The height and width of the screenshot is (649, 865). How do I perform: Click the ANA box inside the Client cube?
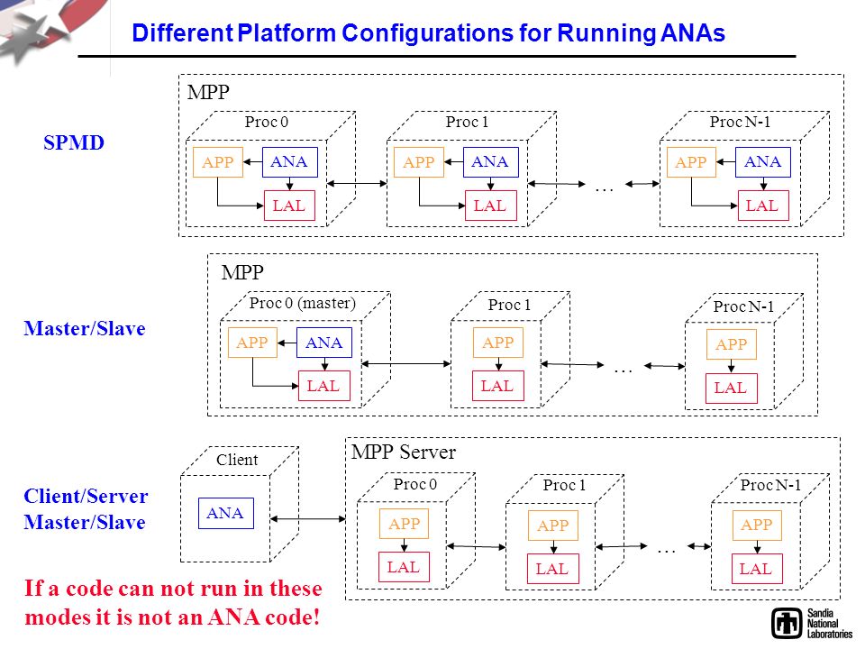(226, 513)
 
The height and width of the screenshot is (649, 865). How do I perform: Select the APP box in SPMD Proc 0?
(218, 161)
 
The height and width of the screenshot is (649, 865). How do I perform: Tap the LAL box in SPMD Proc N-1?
(763, 206)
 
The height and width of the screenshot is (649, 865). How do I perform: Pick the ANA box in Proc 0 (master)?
(324, 343)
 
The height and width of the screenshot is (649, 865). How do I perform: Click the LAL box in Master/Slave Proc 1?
(497, 386)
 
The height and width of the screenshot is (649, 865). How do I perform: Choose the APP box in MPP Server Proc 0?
(404, 524)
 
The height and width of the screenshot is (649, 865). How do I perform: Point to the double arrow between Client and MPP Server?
(308, 519)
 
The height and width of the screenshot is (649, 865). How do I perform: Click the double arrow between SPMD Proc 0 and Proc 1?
(357, 183)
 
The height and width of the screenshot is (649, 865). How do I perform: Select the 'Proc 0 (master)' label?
(303, 303)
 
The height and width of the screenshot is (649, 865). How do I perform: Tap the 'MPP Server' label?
(404, 452)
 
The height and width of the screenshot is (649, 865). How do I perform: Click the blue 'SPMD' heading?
(74, 143)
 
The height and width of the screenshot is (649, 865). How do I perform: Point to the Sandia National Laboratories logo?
(812, 624)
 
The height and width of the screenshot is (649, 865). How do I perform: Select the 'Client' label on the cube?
(237, 460)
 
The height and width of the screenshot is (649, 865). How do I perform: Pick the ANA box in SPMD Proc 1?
(490, 161)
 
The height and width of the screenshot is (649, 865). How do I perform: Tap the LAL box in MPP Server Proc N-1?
(757, 569)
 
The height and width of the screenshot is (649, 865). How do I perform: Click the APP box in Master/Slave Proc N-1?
(732, 343)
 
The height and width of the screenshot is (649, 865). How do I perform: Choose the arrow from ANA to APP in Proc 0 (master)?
(287, 343)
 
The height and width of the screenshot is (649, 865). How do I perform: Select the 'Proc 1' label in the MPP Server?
(564, 485)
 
